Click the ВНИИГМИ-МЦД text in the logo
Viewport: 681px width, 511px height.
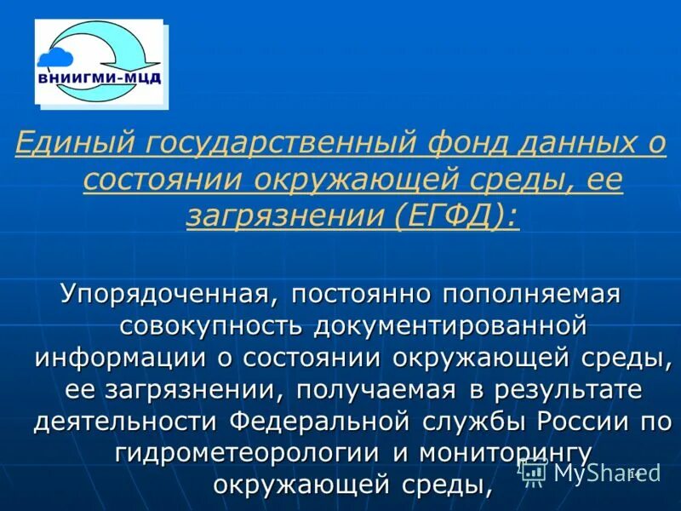[100, 80]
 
